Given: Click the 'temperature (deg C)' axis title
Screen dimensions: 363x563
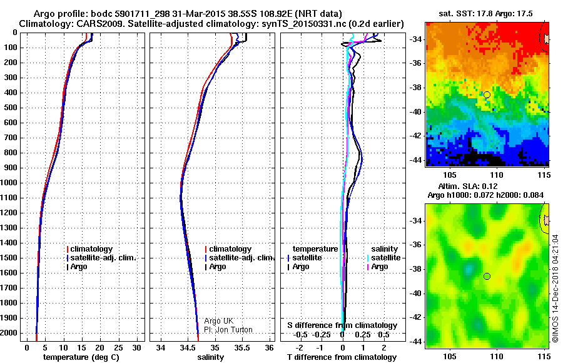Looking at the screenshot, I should (81, 357).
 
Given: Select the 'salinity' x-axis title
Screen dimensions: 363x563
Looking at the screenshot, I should (210, 357).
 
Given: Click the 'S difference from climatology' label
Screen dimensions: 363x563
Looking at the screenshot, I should (342, 325).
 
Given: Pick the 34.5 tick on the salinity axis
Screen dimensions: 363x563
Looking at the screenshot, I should (188, 347).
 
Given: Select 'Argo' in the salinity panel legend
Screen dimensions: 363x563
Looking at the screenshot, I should (218, 267).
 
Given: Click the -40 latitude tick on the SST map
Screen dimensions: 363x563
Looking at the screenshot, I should (416, 111).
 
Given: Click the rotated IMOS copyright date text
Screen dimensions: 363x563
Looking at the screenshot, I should (554, 289).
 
